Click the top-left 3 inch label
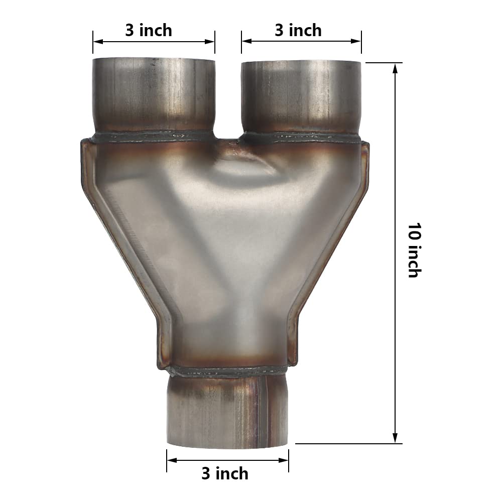pyautogui.click(x=149, y=30)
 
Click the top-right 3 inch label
pyautogui.click(x=298, y=30)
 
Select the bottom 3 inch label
pyautogui.click(x=225, y=473)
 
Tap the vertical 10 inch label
pyautogui.click(x=413, y=251)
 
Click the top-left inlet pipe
pyautogui.click(x=154, y=95)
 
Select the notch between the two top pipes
pyautogui.click(x=228, y=141)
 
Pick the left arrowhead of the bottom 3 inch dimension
pyautogui.click(x=171, y=459)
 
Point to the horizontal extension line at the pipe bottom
pyautogui.click(x=348, y=443)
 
